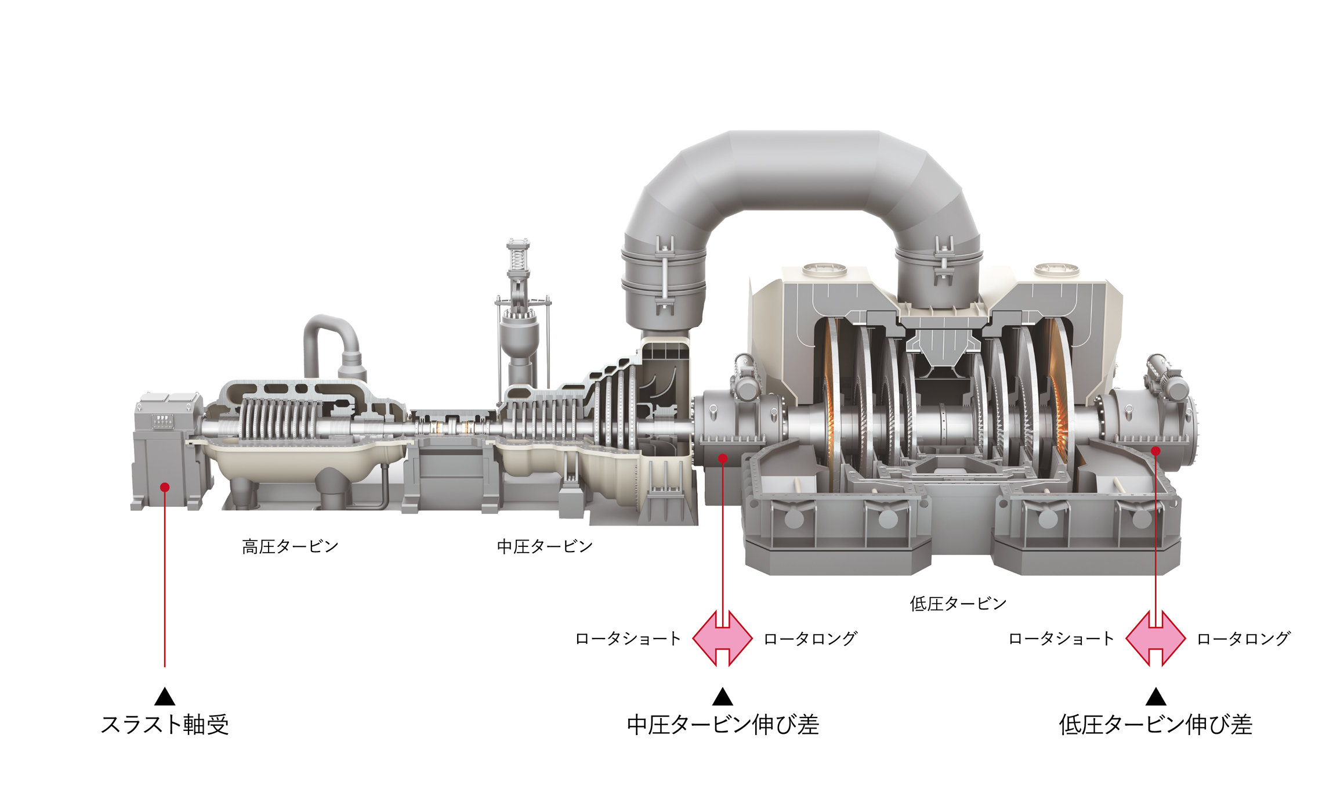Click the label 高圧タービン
[x=290, y=546]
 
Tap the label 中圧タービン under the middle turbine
[x=545, y=546]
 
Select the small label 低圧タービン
[x=958, y=604]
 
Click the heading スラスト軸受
[x=165, y=725]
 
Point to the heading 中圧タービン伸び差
[x=723, y=725]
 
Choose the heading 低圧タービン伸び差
[x=1155, y=725]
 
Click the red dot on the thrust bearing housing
[x=165, y=487]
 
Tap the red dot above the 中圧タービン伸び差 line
[x=723, y=459]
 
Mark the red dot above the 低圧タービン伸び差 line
[x=1155, y=451]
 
